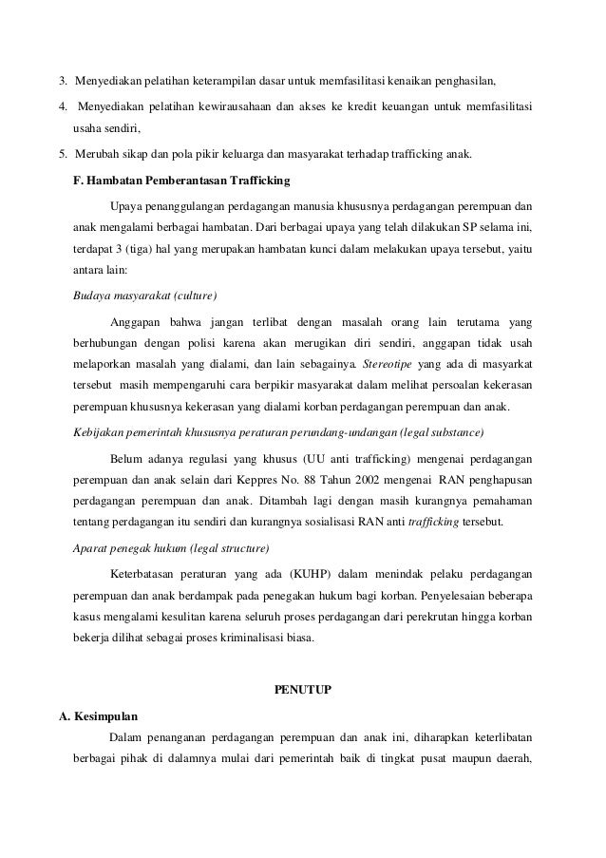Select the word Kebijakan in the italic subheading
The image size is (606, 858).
(99, 433)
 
